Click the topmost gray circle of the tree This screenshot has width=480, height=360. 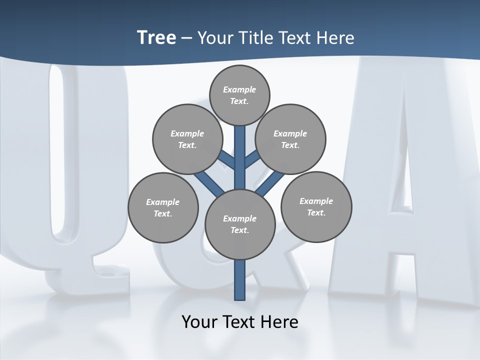239,95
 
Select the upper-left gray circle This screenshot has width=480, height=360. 187,139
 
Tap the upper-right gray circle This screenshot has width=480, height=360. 290,139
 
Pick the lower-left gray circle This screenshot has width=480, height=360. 163,207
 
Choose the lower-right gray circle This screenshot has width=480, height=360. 316,206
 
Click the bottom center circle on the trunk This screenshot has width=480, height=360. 240,224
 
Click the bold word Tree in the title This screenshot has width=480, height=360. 156,37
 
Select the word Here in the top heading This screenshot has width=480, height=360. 335,37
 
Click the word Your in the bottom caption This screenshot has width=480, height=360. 199,321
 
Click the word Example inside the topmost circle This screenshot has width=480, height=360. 239,89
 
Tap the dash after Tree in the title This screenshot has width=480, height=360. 186,37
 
